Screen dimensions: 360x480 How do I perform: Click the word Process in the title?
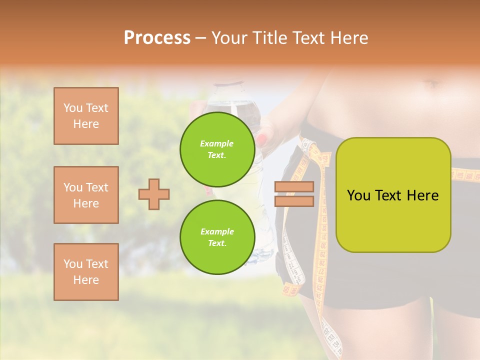click(x=157, y=38)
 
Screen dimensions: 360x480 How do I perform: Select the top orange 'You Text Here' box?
click(x=86, y=116)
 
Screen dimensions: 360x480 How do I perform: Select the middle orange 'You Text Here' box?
click(x=86, y=195)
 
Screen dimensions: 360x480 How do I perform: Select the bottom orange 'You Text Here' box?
click(x=86, y=272)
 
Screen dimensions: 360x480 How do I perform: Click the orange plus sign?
click(x=154, y=194)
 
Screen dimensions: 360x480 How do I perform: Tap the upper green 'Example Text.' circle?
click(x=217, y=149)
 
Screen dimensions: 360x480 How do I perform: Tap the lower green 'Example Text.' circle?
click(x=217, y=237)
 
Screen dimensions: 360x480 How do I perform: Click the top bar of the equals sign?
click(x=294, y=187)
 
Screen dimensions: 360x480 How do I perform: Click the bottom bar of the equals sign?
click(x=294, y=201)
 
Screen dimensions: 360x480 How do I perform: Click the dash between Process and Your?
click(x=201, y=38)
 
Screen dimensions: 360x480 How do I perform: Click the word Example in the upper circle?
click(x=217, y=143)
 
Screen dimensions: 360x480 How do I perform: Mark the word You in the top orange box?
click(x=73, y=108)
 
